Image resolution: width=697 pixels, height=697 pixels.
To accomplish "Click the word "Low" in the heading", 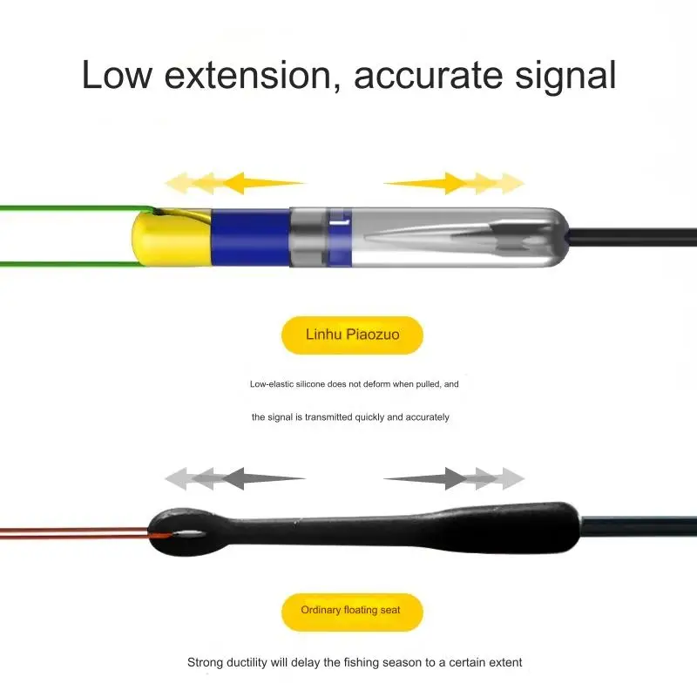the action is [x=118, y=75].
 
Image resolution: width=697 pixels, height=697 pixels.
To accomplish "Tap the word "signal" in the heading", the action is [x=565, y=78].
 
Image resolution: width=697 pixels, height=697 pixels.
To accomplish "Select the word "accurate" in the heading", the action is [x=428, y=76].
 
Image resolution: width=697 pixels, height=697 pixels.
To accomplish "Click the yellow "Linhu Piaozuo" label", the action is [x=352, y=335].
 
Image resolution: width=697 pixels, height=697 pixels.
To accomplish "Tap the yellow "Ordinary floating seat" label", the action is [x=352, y=612].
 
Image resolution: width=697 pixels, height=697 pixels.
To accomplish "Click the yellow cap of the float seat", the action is [x=171, y=238].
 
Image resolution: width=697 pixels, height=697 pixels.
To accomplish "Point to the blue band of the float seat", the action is [x=250, y=238].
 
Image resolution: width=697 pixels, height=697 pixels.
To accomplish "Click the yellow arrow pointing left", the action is [x=234, y=183].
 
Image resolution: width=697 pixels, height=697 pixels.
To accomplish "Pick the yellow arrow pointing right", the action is [x=454, y=183].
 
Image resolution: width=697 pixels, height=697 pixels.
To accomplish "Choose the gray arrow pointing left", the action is [x=234, y=478].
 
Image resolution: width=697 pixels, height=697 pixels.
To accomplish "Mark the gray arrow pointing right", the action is [x=454, y=478].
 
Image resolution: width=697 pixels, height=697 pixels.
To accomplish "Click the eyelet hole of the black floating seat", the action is [x=188, y=532].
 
